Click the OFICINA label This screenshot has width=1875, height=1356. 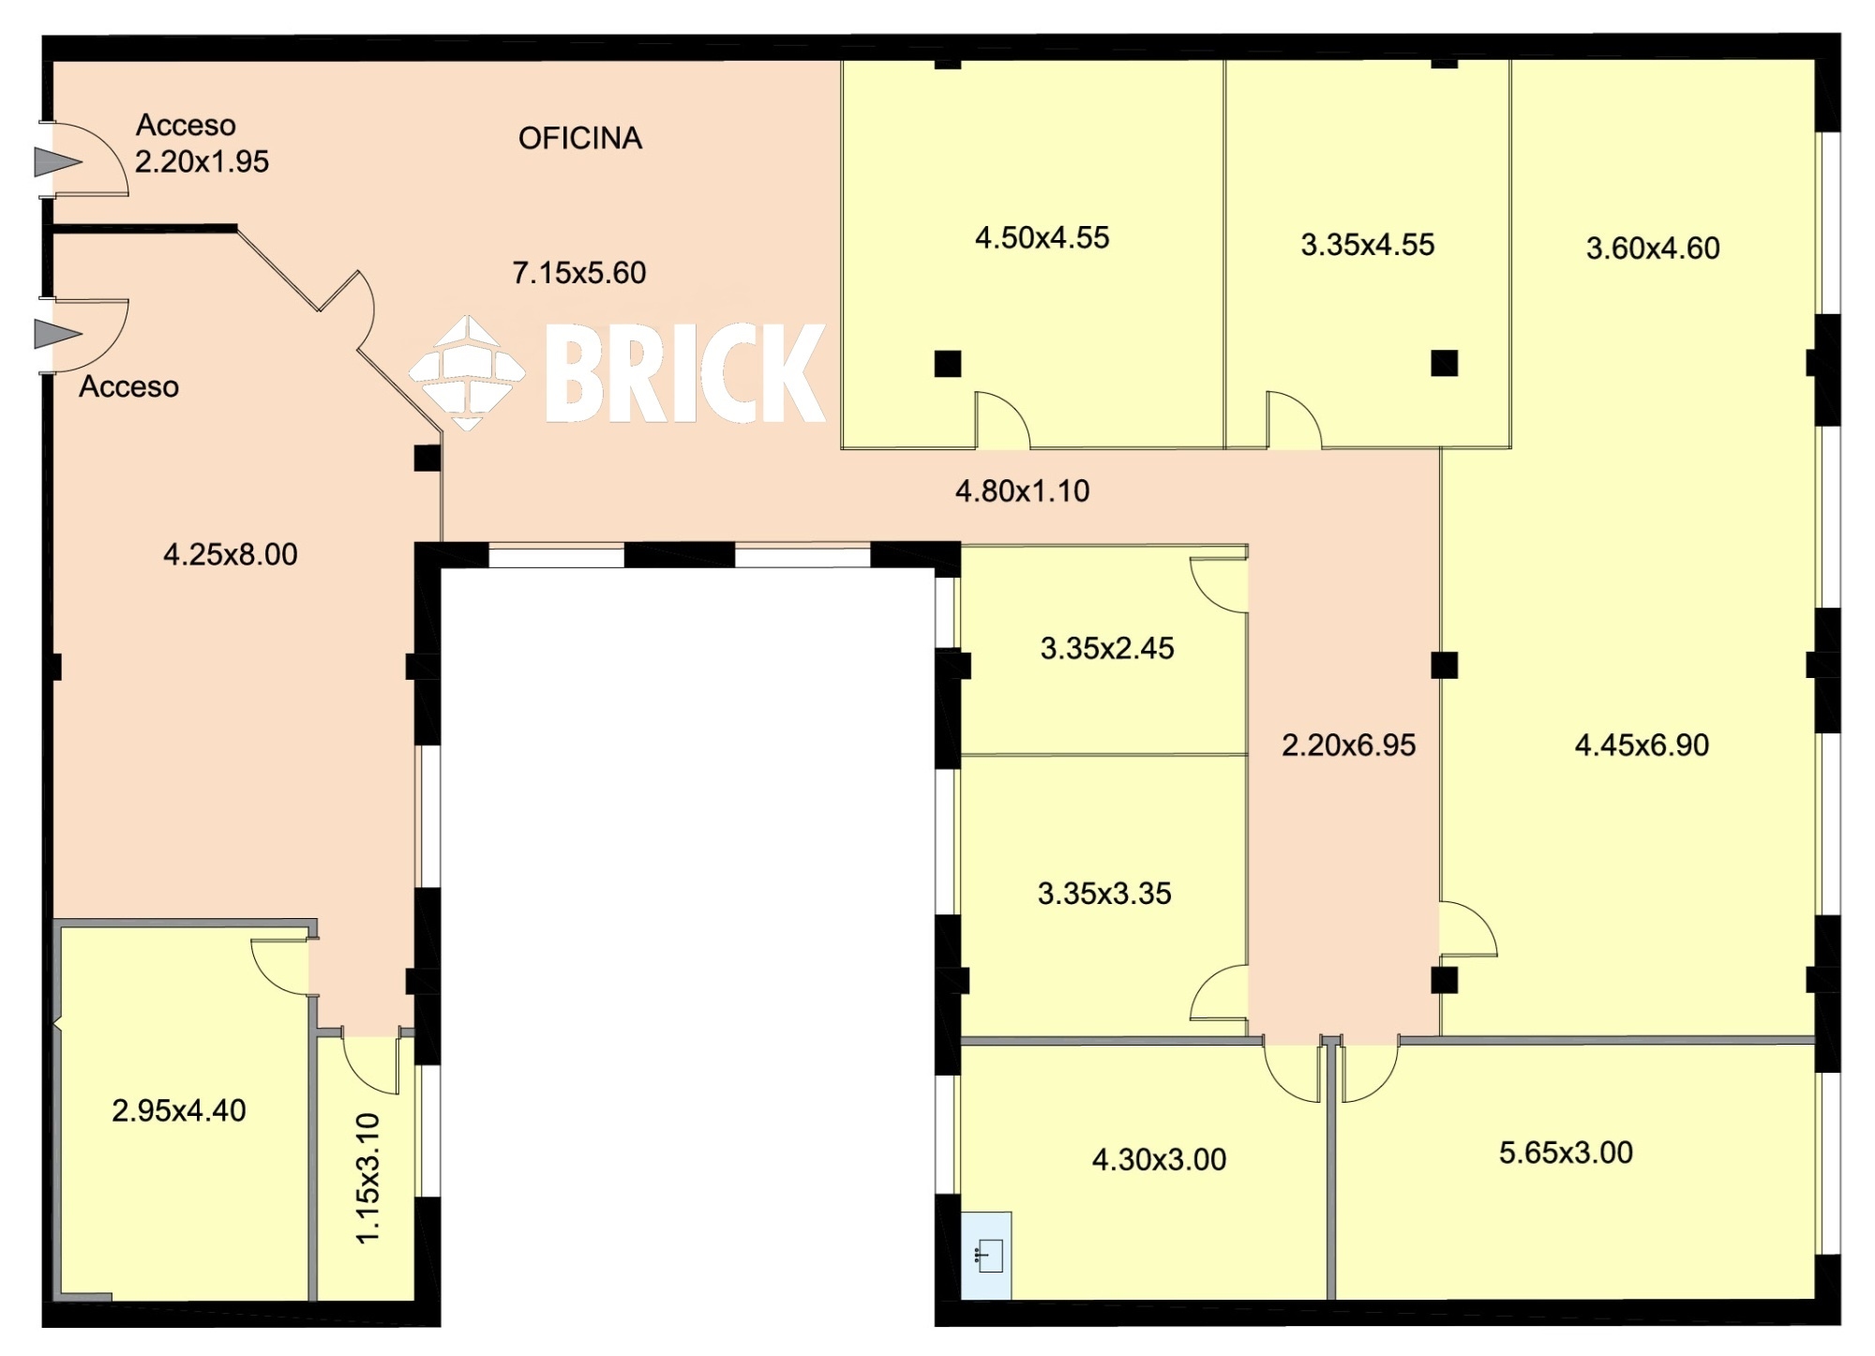point(580,139)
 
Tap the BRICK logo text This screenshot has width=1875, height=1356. point(685,373)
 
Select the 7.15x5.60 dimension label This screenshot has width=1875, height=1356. point(578,273)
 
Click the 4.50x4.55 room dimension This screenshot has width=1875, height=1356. point(1042,238)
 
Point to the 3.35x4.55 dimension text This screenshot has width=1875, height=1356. point(1367,245)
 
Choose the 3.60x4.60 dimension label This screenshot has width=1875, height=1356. point(1653,249)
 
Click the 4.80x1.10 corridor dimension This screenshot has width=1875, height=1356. point(1022,491)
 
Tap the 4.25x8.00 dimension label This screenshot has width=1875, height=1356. point(230,555)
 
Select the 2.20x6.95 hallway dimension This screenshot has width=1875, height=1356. point(1348,746)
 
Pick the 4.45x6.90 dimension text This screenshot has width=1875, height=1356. point(1642,746)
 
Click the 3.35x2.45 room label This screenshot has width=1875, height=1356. point(1107,649)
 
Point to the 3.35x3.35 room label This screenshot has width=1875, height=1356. point(1104,894)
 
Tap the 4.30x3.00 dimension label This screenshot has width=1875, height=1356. point(1159,1160)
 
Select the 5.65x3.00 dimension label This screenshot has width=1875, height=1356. point(1566,1153)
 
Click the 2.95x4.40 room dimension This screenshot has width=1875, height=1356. point(178,1111)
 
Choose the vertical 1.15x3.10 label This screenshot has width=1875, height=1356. point(368,1179)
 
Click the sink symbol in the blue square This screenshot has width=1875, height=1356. point(989,1256)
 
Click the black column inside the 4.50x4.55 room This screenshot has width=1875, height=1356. point(948,363)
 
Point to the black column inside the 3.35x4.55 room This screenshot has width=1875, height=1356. point(1445,363)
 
